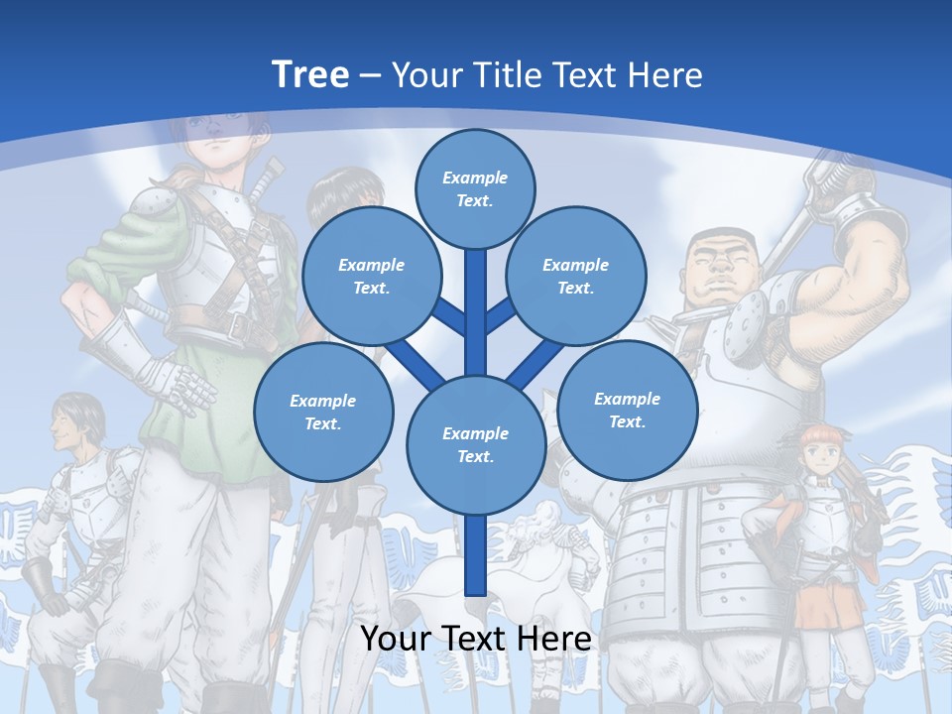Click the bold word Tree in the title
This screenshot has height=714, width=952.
click(310, 74)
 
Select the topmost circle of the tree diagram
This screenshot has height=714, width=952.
click(475, 188)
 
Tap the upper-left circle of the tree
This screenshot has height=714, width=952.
click(372, 276)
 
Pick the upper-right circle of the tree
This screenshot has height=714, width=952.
click(575, 276)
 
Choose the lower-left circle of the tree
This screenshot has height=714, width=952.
click(323, 412)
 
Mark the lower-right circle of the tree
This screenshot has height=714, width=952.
click(627, 410)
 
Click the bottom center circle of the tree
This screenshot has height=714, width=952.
click(475, 444)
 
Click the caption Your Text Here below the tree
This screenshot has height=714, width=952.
click(475, 639)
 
